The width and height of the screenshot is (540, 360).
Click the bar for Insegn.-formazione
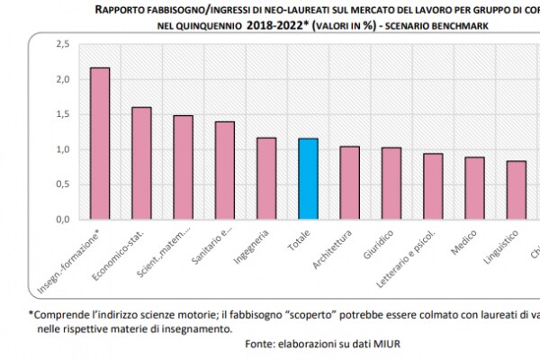100,143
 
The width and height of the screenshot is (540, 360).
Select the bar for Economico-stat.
141,163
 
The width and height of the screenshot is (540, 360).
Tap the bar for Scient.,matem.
183,167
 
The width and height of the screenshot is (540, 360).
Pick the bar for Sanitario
224,170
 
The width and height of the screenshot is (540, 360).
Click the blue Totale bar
308,179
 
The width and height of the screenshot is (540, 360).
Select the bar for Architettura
349,183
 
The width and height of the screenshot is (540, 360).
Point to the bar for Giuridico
391,184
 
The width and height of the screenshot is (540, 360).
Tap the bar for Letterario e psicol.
433,186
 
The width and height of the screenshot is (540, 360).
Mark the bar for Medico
474,188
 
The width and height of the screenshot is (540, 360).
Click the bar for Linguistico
516,190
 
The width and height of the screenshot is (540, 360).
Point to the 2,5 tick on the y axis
62,43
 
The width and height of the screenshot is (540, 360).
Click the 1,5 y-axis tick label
62,113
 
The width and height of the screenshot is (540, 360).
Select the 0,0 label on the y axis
62,219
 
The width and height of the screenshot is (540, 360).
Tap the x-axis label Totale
298,244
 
